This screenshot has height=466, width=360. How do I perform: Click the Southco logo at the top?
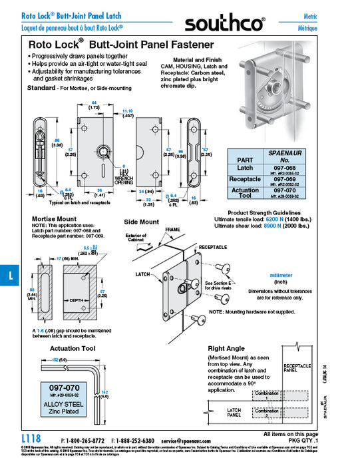point(224,25)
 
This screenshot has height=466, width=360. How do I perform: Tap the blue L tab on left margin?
point(7,276)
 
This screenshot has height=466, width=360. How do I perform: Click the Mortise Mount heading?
point(55,218)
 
